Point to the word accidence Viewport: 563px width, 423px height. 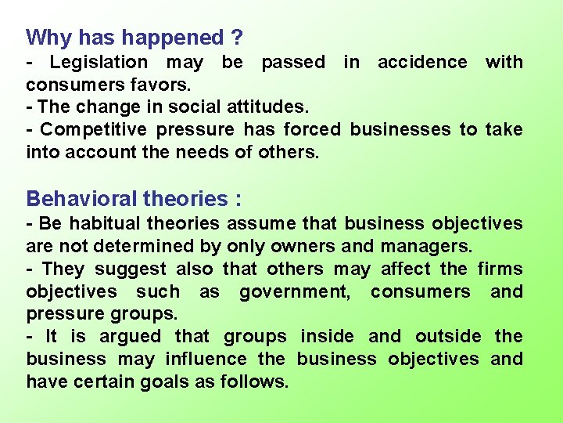pyautogui.click(x=422, y=62)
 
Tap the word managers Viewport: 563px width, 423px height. pyautogui.click(x=427, y=246)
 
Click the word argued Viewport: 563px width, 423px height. pyautogui.click(x=130, y=336)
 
